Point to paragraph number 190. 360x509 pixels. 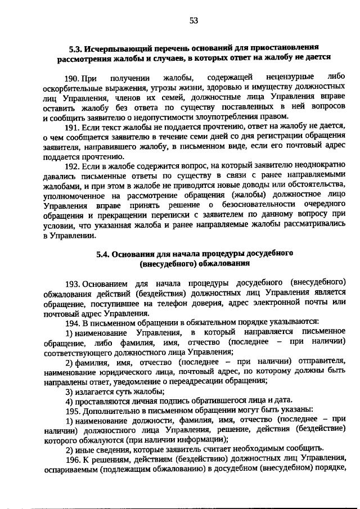tap(73, 77)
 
